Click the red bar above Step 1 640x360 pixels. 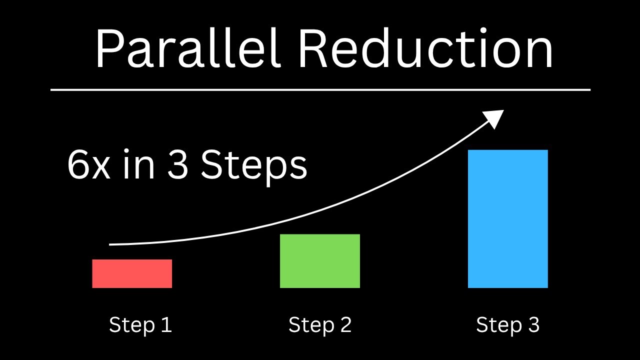(x=132, y=273)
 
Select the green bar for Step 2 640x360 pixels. (x=319, y=261)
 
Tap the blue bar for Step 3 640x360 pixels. (x=507, y=219)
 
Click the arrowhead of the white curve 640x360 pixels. (x=495, y=118)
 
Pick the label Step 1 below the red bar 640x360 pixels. (x=140, y=325)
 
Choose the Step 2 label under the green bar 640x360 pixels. (x=320, y=325)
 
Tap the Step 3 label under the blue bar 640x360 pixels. (x=507, y=325)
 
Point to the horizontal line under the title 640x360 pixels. (x=320, y=90)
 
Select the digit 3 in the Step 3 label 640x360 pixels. (x=533, y=325)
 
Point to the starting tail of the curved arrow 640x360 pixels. (x=110, y=244)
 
